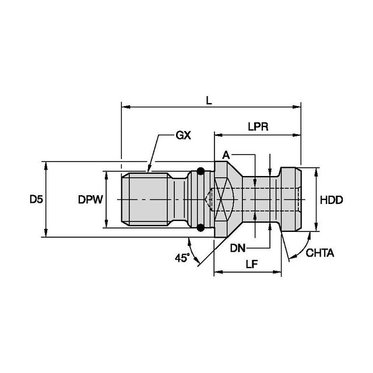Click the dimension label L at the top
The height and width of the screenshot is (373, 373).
pyautogui.click(x=209, y=100)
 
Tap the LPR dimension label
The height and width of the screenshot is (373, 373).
pyautogui.click(x=256, y=127)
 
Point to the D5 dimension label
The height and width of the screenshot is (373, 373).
pyautogui.click(x=36, y=200)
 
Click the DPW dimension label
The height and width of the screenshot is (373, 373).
pyautogui.click(x=90, y=200)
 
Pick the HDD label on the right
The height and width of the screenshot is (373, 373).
pyautogui.click(x=331, y=200)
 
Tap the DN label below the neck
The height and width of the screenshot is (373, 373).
pyautogui.click(x=237, y=248)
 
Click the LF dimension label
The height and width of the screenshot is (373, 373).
pyautogui.click(x=252, y=263)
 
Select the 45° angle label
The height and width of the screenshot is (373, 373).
pyautogui.click(x=182, y=257)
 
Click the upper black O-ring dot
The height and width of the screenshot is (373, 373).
pyautogui.click(x=200, y=171)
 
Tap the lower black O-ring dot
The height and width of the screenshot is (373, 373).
pyautogui.click(x=200, y=228)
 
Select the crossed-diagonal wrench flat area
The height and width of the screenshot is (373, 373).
pyautogui.click(x=222, y=200)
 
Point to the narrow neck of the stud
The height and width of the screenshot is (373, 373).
pyautogui.click(x=261, y=200)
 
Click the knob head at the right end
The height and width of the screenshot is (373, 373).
pyautogui.click(x=291, y=200)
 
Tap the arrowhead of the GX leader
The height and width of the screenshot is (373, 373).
pyautogui.click(x=149, y=173)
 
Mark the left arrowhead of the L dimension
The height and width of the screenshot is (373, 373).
pyautogui.click(x=124, y=107)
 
